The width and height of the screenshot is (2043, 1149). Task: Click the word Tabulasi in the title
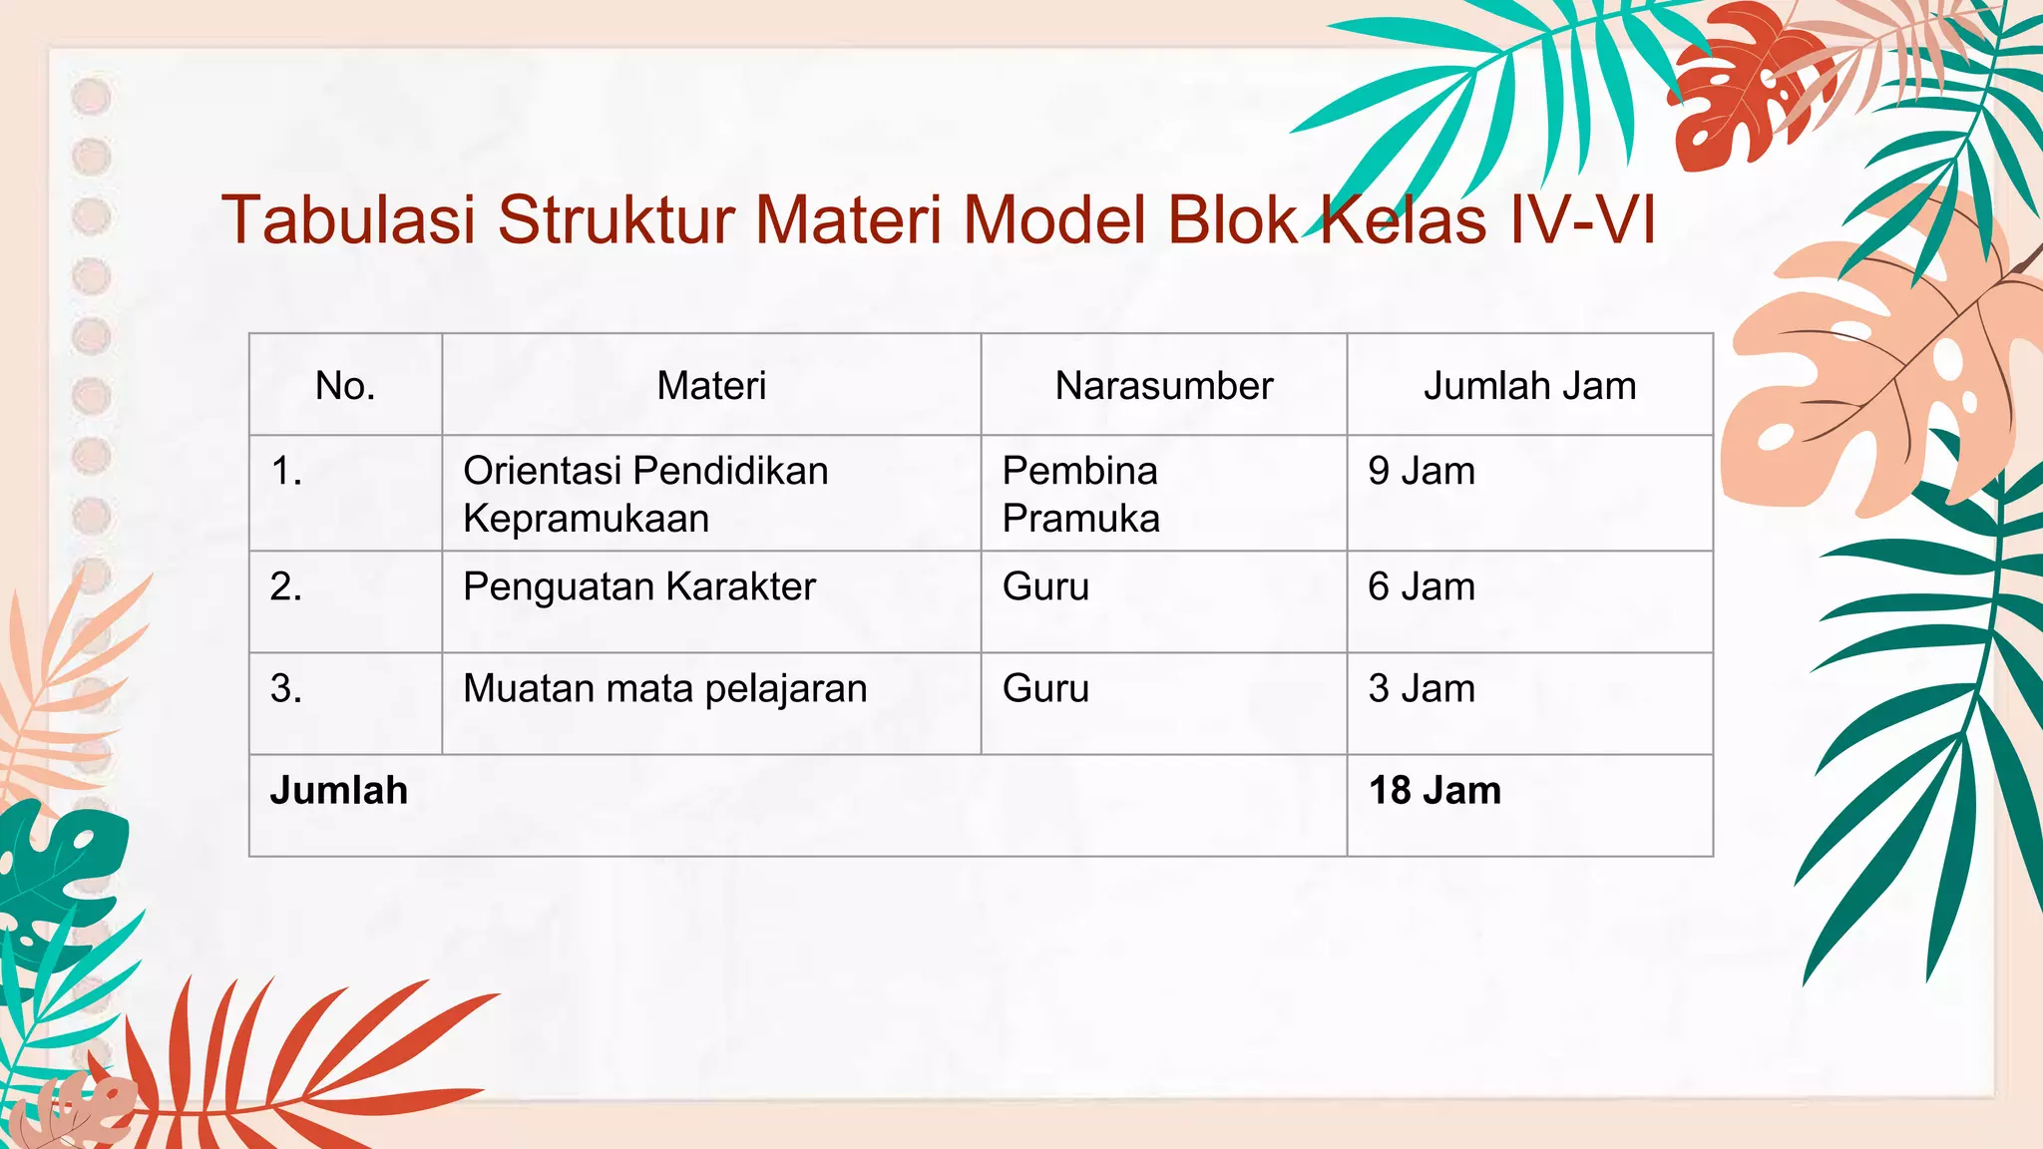348,220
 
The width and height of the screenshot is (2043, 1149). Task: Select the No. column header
345,386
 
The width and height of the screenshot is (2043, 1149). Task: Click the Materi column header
711,386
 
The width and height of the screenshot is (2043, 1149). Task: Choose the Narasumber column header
1164,386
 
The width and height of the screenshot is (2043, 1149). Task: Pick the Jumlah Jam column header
1529,386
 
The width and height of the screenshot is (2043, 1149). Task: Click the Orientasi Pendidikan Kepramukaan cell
645,494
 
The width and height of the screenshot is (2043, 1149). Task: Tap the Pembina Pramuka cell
1080,494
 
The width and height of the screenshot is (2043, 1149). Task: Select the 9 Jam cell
1422,471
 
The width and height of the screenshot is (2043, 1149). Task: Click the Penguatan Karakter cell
639,586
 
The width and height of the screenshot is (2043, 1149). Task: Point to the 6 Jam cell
1422,586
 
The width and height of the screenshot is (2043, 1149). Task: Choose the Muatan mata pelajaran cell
665,688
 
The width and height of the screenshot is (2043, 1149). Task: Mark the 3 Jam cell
1422,688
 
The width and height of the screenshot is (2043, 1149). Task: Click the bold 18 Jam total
1434,790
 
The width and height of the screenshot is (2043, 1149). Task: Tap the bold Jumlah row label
339,790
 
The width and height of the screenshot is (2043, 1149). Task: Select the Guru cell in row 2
1045,586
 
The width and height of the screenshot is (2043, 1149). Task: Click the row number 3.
286,688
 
